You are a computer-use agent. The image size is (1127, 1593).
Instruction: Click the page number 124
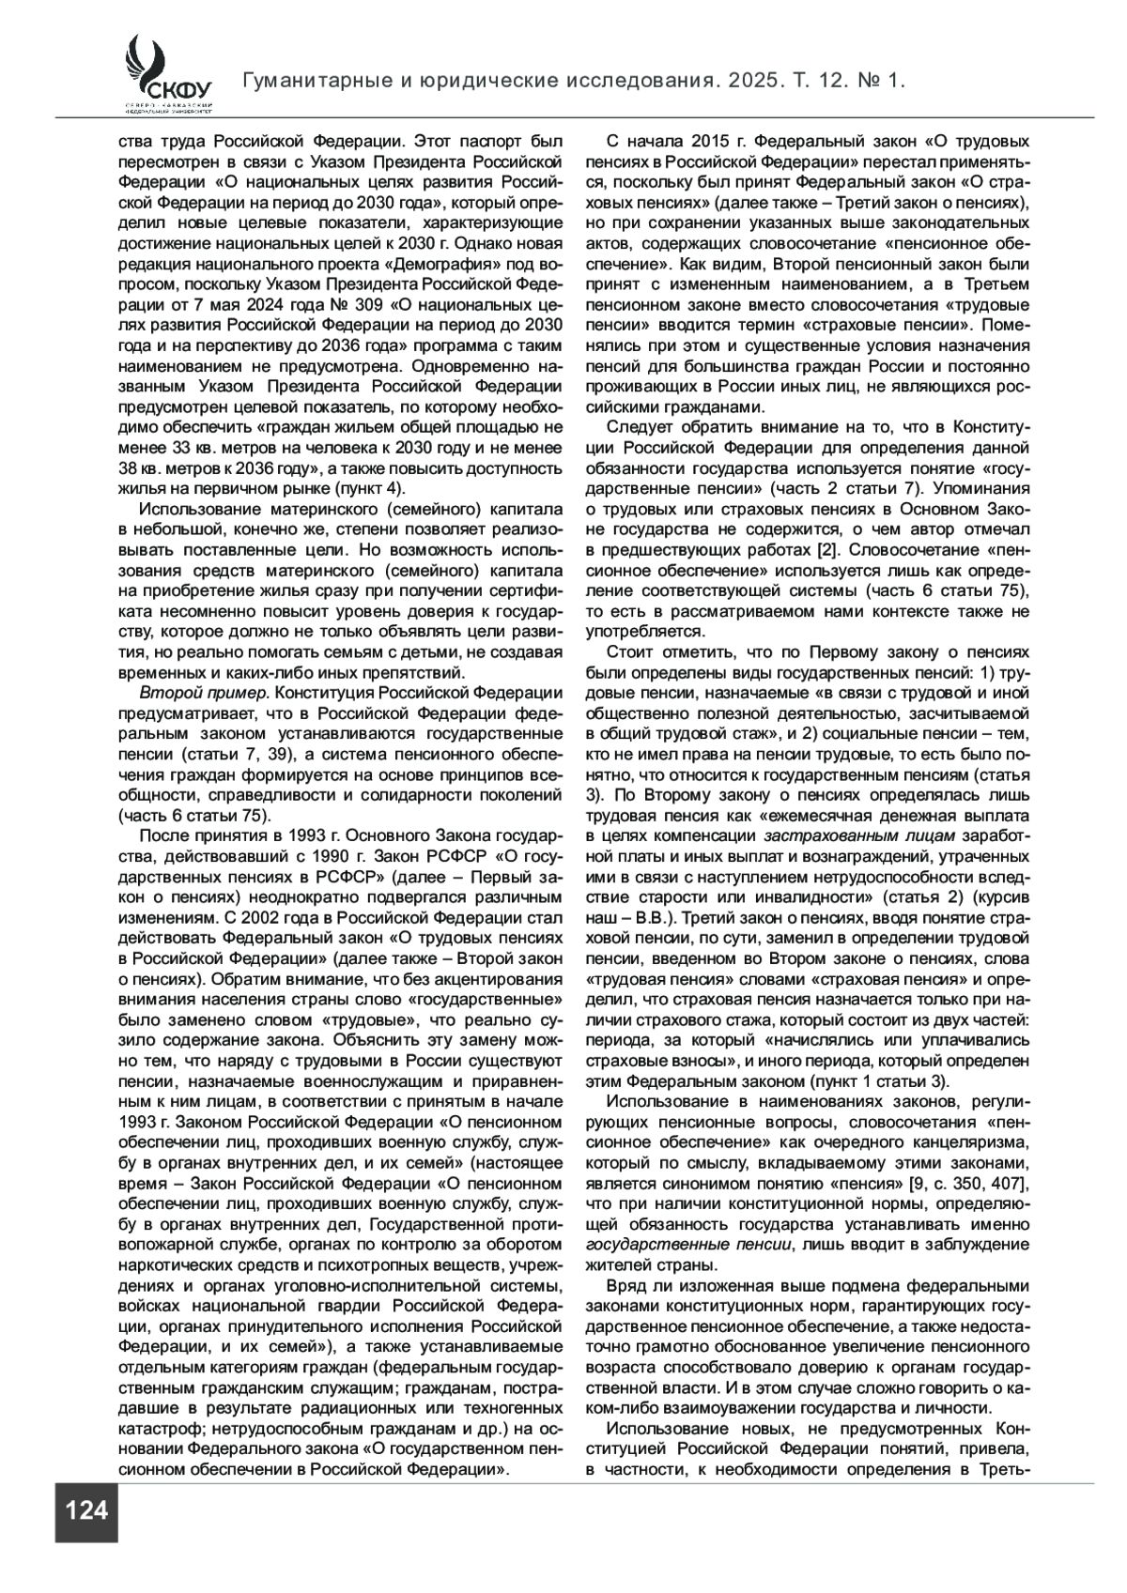(86, 1510)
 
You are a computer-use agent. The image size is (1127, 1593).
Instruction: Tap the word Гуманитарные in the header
(314, 82)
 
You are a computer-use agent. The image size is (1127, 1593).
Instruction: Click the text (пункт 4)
(369, 488)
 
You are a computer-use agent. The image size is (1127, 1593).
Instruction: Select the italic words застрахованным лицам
(859, 835)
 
